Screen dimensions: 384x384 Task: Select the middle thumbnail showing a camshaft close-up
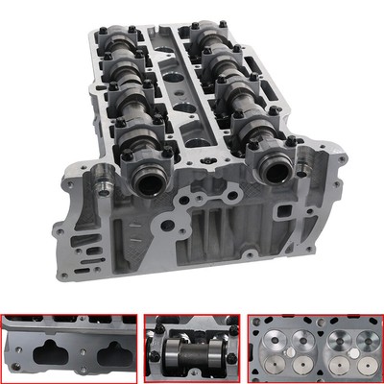click(x=191, y=348)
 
